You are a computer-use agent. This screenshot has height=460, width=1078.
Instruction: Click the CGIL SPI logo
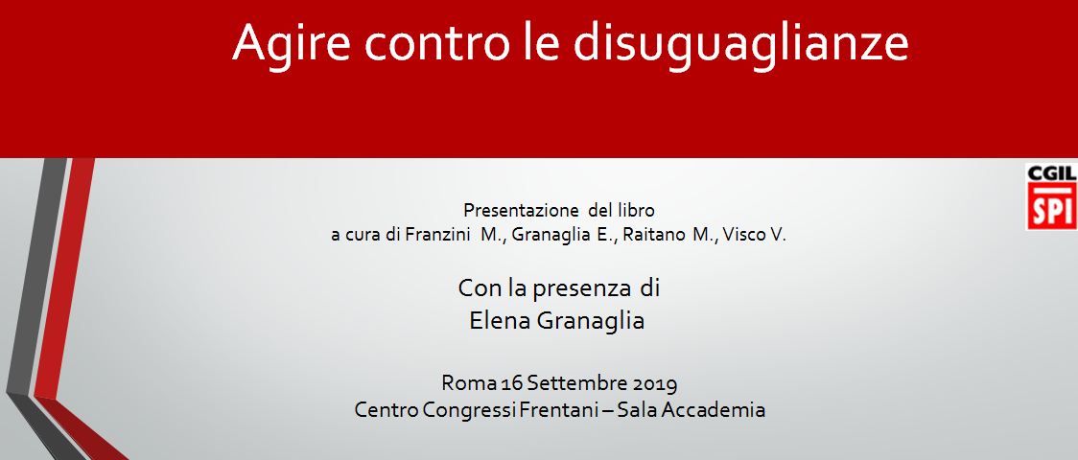pyautogui.click(x=1052, y=196)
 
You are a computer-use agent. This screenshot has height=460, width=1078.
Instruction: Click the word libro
pyautogui.click(x=637, y=210)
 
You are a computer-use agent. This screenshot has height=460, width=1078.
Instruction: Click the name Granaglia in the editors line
pyautogui.click(x=554, y=235)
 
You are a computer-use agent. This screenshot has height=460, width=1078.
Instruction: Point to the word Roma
pyautogui.click(x=465, y=381)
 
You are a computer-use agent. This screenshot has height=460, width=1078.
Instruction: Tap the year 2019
pyautogui.click(x=654, y=381)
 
